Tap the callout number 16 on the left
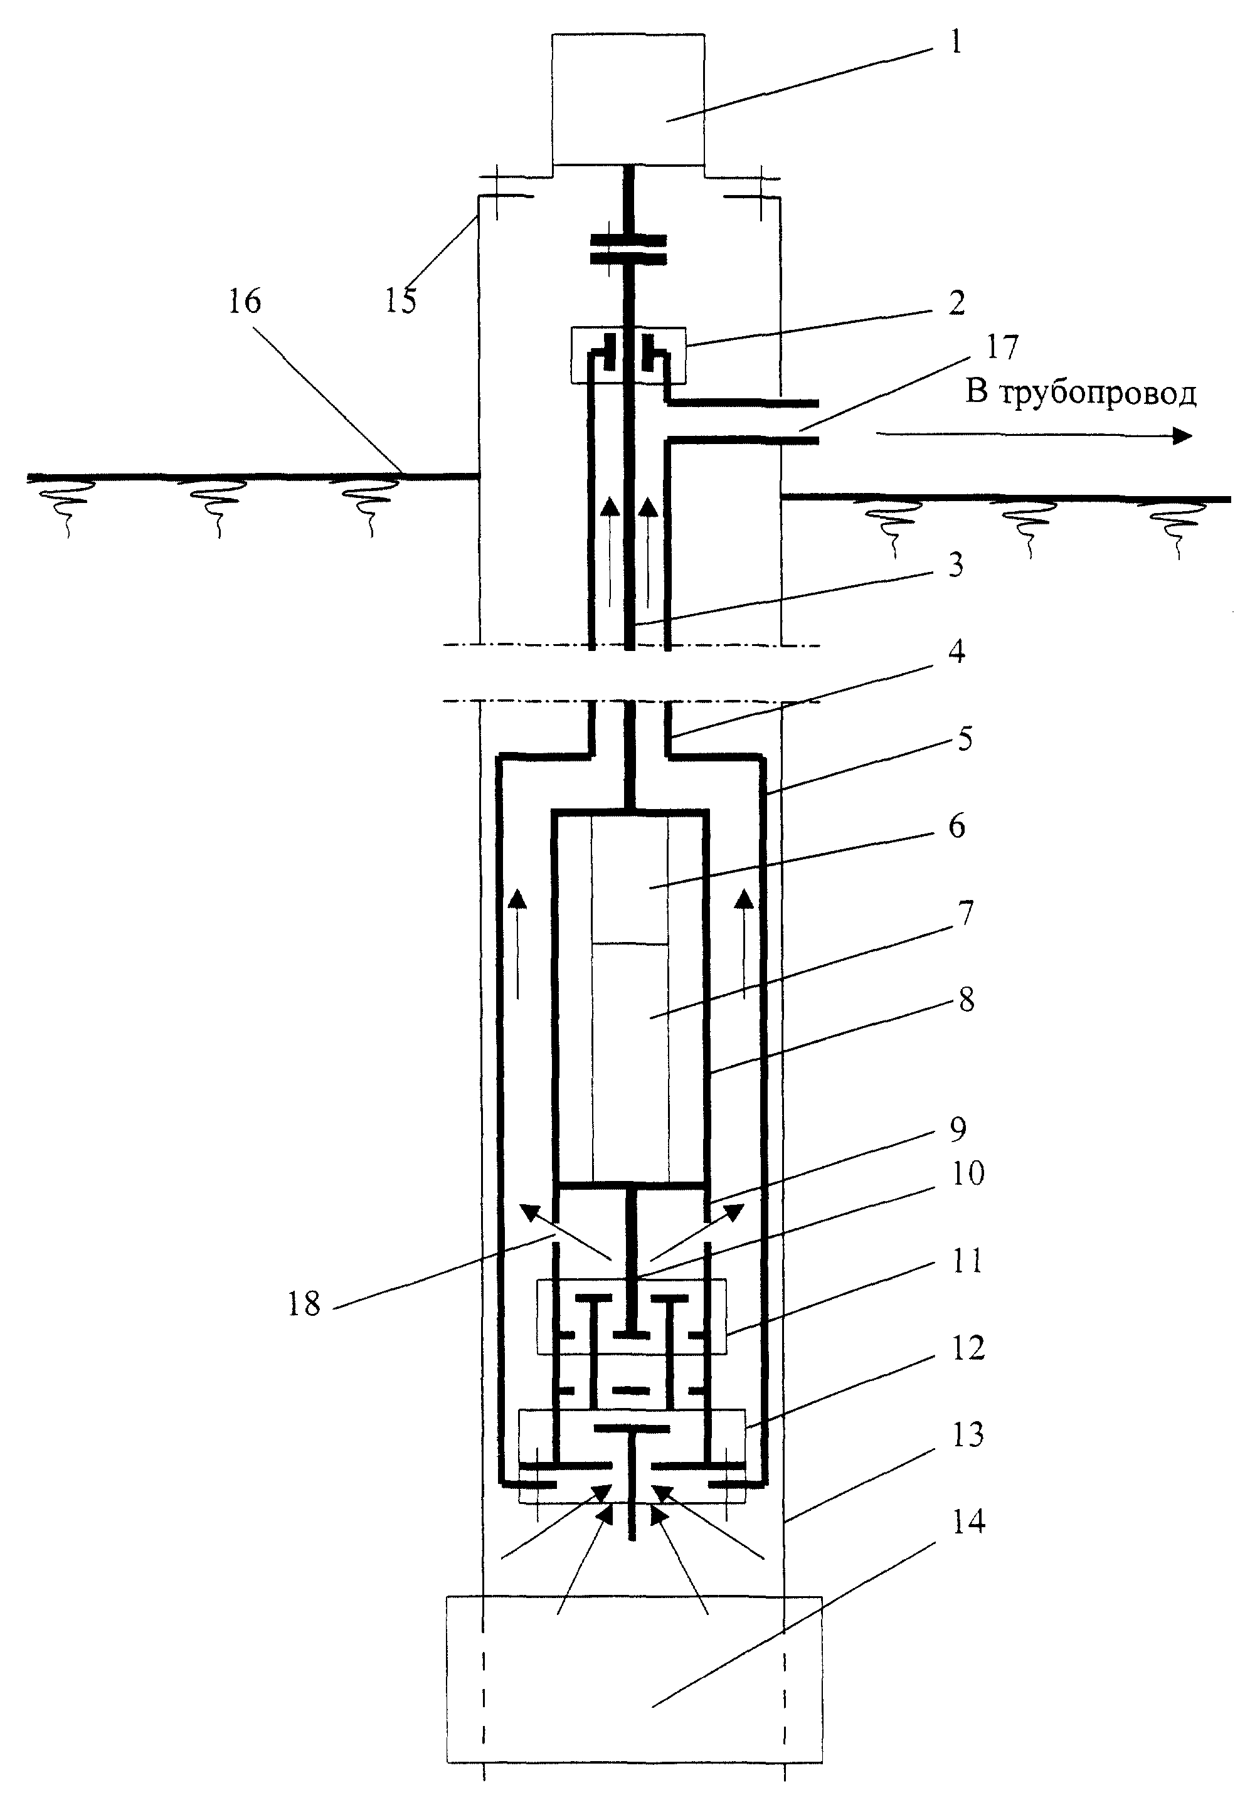[x=245, y=301]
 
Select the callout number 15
[x=401, y=301]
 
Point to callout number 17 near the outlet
[x=1003, y=348]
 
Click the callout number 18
[x=304, y=1303]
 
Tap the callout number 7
[x=966, y=913]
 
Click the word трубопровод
[x=1098, y=394]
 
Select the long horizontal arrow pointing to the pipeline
[x=1034, y=436]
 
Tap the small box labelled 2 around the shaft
[x=628, y=355]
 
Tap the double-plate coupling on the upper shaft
[x=628, y=249]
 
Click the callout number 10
[x=968, y=1172]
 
